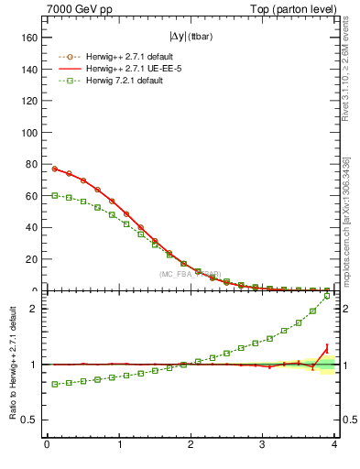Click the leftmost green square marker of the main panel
54,195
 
